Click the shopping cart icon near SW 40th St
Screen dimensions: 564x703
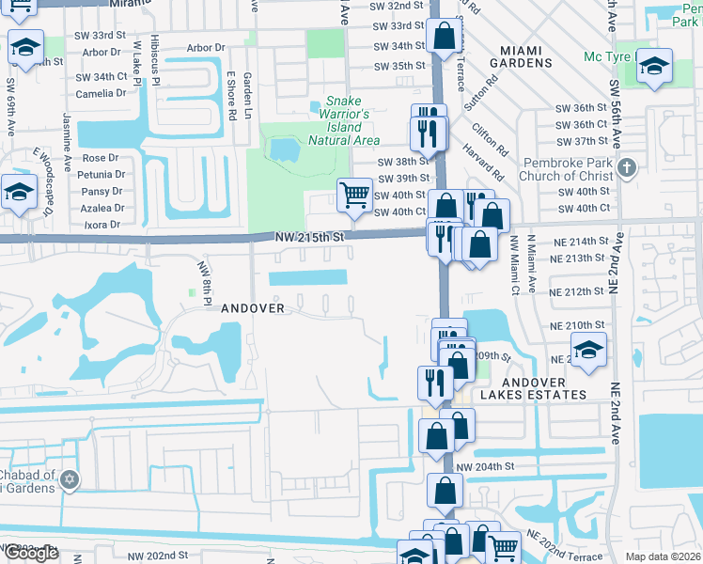click(354, 196)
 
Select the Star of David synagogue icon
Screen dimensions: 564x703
click(68, 480)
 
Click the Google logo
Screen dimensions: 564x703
click(31, 553)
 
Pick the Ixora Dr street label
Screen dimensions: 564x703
click(102, 225)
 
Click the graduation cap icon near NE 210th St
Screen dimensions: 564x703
click(588, 351)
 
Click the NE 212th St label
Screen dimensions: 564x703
click(577, 291)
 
